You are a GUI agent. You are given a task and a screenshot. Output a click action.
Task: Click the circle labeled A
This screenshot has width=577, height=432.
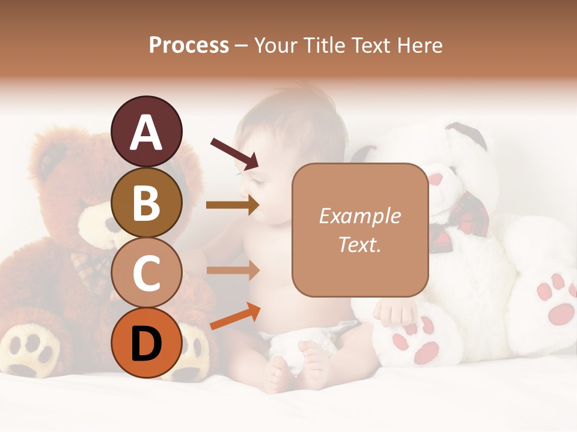(147, 131)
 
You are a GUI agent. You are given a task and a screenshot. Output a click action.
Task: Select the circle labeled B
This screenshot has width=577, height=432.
(147, 202)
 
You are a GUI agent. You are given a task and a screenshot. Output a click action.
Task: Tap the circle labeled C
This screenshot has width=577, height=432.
(147, 272)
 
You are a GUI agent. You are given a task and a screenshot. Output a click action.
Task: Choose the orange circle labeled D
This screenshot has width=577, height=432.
(147, 343)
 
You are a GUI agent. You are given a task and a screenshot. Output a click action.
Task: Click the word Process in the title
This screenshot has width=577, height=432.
(189, 45)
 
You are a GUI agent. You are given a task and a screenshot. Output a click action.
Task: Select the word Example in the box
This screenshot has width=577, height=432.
(360, 216)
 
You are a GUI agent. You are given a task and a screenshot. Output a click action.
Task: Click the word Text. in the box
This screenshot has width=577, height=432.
(360, 244)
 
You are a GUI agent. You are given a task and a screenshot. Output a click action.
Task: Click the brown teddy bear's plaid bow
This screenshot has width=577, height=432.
(90, 270)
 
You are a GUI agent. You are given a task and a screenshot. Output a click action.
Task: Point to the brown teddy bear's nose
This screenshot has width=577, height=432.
(112, 224)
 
